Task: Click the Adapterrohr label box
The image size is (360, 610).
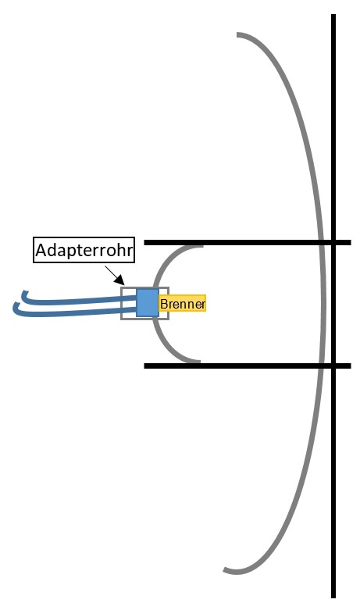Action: (x=84, y=250)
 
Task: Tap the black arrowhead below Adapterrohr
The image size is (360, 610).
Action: (x=119, y=280)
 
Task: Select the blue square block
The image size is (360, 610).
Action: (x=148, y=302)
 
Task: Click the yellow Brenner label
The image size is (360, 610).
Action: (x=182, y=304)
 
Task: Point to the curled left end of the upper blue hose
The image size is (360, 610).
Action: (x=24, y=293)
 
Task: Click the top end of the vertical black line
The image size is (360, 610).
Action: (x=333, y=15)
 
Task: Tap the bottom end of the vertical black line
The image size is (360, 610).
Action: (x=333, y=598)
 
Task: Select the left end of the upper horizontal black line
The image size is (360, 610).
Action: (x=144, y=243)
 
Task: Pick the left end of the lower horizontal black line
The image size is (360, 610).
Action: (x=144, y=366)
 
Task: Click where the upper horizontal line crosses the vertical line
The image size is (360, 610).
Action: (x=333, y=243)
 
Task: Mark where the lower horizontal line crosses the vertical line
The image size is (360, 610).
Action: (x=333, y=366)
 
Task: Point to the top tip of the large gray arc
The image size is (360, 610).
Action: (x=237, y=34)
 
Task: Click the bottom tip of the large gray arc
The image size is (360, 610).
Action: (x=225, y=571)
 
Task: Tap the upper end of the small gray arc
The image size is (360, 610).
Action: (x=202, y=246)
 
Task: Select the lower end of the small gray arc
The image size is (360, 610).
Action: (x=199, y=362)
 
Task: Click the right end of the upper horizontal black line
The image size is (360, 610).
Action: (x=351, y=243)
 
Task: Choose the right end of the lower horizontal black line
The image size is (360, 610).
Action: (x=351, y=366)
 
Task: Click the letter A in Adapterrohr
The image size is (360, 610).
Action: (x=41, y=250)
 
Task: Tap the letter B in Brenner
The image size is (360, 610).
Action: (x=164, y=304)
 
